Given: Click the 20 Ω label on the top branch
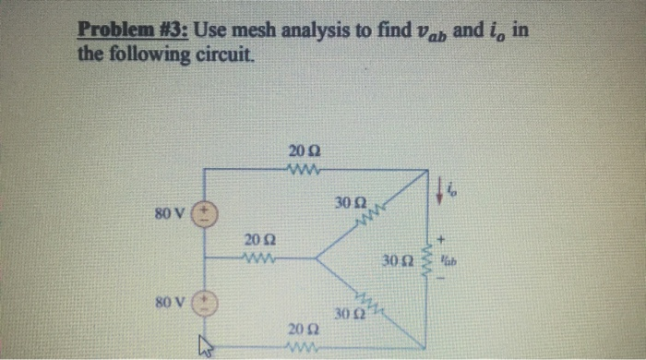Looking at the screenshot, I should click(304, 150).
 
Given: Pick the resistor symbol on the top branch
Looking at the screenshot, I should click(304, 169).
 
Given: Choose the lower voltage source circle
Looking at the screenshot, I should click(204, 303).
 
